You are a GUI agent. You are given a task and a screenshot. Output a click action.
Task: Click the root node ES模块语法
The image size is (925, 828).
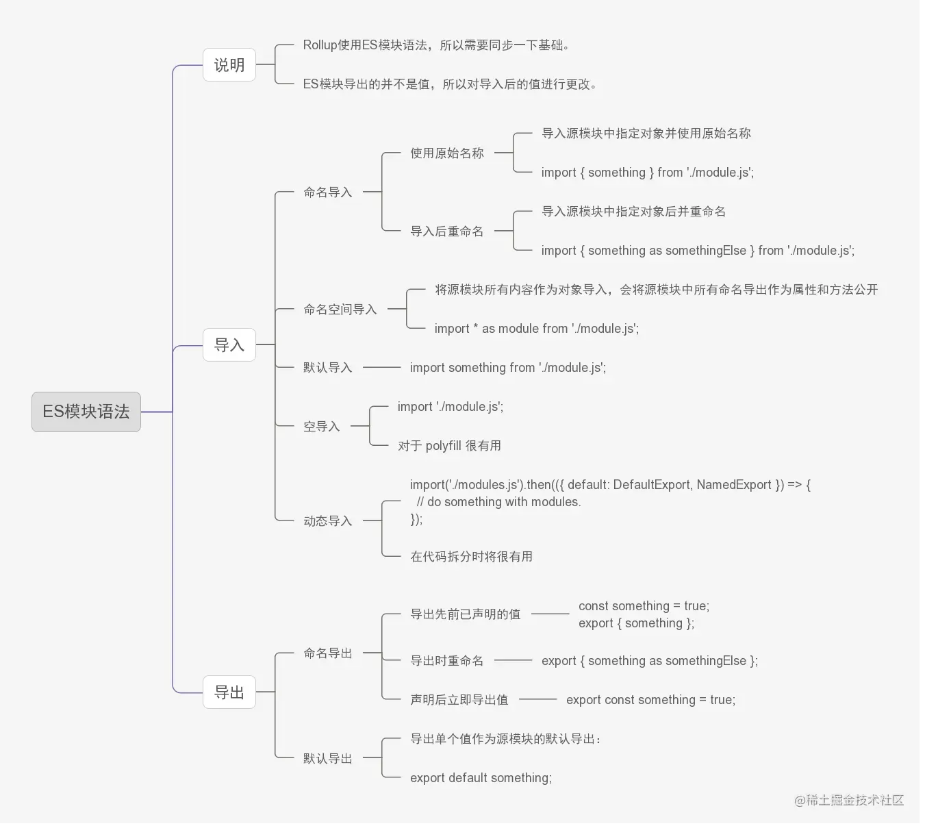[86, 412]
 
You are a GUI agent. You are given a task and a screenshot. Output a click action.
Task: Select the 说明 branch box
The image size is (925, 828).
[229, 65]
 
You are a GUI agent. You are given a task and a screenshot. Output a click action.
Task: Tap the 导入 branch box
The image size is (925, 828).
[229, 344]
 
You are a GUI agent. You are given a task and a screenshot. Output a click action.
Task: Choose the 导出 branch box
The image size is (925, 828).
[229, 692]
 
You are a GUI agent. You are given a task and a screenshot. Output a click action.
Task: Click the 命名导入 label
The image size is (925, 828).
[328, 192]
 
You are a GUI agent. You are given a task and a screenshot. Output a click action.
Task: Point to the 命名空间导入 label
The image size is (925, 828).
[340, 310]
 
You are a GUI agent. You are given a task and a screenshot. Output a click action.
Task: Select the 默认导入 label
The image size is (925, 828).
[328, 368]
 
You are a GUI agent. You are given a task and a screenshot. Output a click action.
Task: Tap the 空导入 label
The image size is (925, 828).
[322, 427]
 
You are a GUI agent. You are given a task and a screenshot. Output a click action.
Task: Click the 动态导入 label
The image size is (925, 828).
[328, 521]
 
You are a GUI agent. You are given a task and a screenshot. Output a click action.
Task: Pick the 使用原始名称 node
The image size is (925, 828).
[447, 153]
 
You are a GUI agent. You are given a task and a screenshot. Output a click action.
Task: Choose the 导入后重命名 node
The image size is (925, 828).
[447, 231]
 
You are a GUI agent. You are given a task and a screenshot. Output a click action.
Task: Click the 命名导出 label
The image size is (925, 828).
[328, 653]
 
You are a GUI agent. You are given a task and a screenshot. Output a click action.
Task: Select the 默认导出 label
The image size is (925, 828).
[328, 759]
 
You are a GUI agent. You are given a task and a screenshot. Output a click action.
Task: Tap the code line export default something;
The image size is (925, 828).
[481, 778]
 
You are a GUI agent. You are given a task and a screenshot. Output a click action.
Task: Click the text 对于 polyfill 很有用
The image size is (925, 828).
[449, 446]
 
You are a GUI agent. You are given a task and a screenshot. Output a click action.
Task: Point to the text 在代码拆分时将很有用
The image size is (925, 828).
[471, 557]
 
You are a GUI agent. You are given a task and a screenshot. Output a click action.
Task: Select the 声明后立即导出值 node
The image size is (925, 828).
[459, 700]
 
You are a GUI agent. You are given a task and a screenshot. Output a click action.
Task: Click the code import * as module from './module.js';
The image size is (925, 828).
[536, 329]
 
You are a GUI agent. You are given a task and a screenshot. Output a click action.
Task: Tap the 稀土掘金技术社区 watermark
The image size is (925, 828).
[849, 800]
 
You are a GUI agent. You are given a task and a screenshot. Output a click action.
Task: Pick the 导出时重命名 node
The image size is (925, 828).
[447, 661]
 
